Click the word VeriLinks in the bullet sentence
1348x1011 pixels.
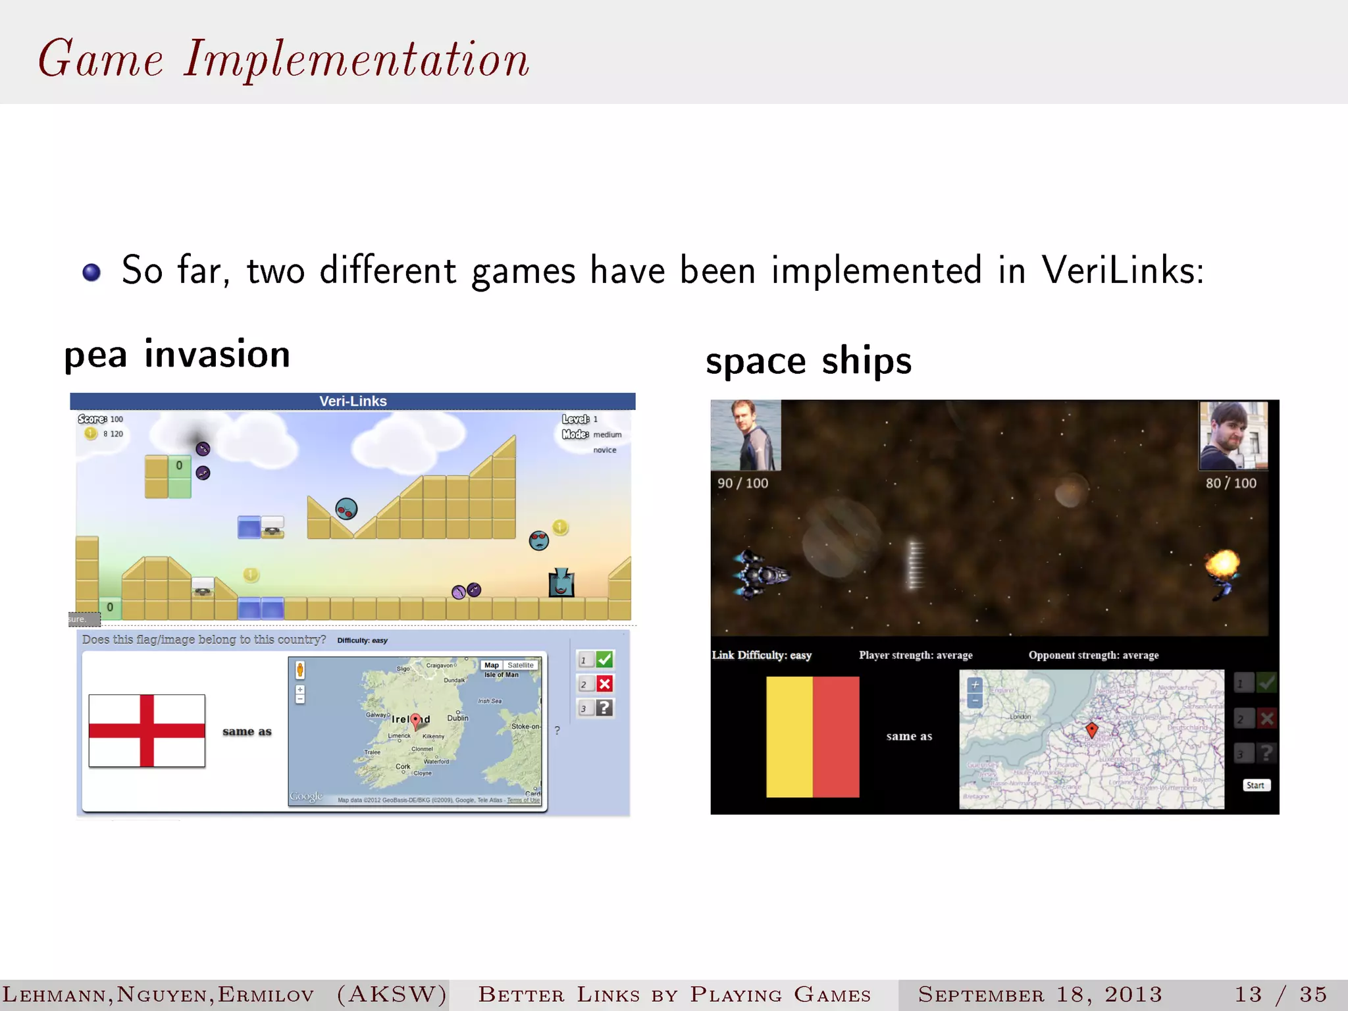[1122, 270]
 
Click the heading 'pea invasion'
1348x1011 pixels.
[177, 354]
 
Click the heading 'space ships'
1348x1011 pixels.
[808, 361]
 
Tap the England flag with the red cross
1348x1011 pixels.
[147, 731]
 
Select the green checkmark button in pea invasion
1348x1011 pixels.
[604, 659]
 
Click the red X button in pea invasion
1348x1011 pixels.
[604, 684]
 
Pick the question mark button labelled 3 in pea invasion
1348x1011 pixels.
[604, 708]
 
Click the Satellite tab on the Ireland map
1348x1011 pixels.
[520, 665]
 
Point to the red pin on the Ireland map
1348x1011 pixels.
[415, 721]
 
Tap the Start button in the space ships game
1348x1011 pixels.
[1255, 785]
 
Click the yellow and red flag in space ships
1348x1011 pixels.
[813, 737]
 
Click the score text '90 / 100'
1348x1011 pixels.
[742, 483]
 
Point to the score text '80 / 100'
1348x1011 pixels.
[1230, 483]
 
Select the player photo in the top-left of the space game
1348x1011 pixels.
[746, 434]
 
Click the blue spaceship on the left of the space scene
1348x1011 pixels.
[760, 574]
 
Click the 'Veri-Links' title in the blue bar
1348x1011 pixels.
[353, 401]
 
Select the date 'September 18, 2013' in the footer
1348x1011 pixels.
[1040, 994]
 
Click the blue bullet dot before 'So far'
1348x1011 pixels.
[91, 272]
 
